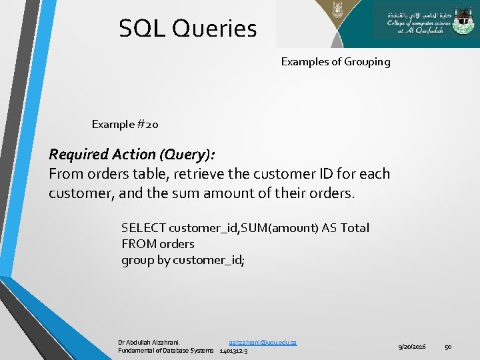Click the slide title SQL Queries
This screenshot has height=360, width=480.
tap(187, 29)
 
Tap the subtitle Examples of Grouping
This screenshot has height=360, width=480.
tap(335, 62)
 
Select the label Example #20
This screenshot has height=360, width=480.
tap(125, 124)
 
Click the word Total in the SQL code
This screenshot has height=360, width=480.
tap(355, 228)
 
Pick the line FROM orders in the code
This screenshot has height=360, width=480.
tap(158, 244)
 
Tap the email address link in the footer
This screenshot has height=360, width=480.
tap(263, 342)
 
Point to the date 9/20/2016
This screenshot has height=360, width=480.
tap(413, 347)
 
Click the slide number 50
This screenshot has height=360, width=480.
tap(449, 347)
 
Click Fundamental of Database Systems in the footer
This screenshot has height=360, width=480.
tap(166, 351)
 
